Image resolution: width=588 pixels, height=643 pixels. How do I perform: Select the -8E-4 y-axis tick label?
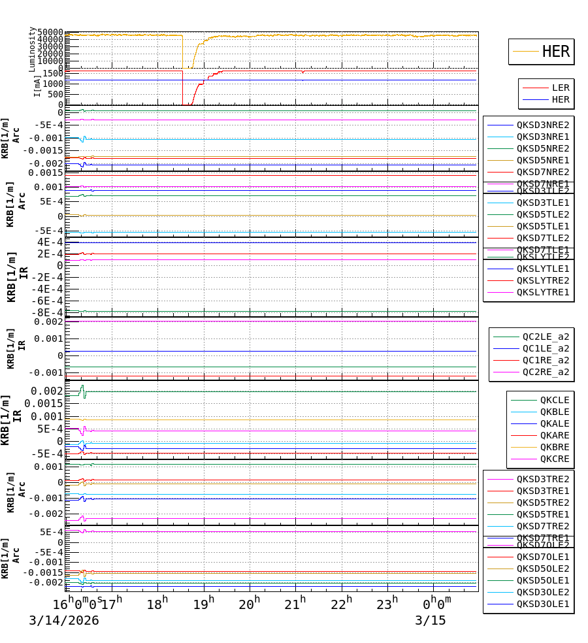(x=49, y=312)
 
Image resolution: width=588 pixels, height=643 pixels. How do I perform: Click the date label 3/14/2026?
(x=63, y=620)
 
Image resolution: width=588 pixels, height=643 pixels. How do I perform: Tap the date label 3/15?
(x=430, y=620)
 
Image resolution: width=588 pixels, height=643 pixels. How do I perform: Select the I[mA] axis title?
(x=37, y=85)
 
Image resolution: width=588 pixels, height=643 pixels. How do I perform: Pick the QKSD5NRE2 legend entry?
(x=543, y=148)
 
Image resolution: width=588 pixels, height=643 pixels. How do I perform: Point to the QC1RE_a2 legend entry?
(x=546, y=360)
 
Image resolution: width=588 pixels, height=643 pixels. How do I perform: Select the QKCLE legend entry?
(x=554, y=400)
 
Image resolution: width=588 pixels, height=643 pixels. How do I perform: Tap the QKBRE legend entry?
(x=554, y=447)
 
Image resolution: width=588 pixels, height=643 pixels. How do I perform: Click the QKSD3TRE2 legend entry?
(x=543, y=479)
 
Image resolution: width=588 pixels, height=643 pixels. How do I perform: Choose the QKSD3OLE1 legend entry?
(x=543, y=604)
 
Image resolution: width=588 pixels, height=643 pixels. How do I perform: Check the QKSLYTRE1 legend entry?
(x=543, y=292)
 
